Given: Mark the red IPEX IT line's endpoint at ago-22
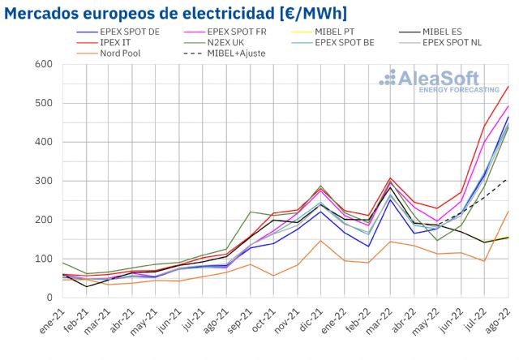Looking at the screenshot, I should pyautogui.click(x=508, y=86).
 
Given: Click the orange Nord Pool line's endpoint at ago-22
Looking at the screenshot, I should pyautogui.click(x=508, y=211).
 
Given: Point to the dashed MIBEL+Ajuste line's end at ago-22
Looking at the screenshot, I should pyautogui.click(x=508, y=178).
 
